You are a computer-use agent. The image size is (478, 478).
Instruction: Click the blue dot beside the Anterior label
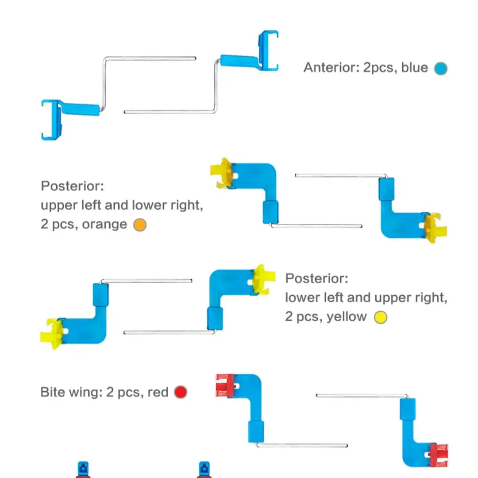(x=441, y=68)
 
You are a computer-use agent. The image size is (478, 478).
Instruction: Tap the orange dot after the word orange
(x=140, y=225)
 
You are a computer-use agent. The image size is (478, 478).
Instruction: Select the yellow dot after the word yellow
(x=381, y=317)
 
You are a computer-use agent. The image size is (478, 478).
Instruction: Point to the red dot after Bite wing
(x=181, y=392)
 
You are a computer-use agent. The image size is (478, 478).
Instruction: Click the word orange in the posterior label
(x=104, y=224)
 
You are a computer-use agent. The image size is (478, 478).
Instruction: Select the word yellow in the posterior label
(x=347, y=317)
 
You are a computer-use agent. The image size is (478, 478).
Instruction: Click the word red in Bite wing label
(x=158, y=392)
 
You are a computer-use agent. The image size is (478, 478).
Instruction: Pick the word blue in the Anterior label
(x=415, y=67)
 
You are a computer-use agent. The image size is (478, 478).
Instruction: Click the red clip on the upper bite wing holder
(x=225, y=385)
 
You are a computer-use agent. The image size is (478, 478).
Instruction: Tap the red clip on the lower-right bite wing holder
(x=439, y=455)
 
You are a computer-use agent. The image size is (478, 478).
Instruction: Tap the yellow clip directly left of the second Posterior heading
(x=264, y=280)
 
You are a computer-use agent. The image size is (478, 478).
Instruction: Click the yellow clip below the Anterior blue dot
(x=436, y=228)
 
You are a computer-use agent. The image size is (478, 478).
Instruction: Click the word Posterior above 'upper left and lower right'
(x=73, y=186)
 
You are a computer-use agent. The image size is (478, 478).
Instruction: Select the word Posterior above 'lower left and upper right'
(x=317, y=278)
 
